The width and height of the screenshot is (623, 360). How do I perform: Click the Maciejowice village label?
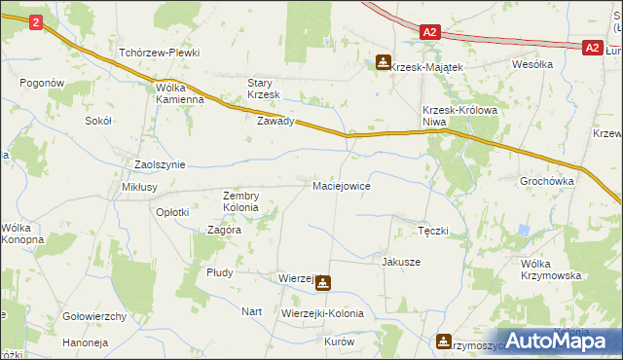tap(341, 185)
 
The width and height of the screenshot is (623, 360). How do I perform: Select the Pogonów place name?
tap(41, 84)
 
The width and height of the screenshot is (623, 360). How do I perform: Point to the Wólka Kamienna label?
tap(180, 92)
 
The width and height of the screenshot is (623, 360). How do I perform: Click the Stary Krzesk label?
tap(264, 89)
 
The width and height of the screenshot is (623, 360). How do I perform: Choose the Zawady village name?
tap(275, 122)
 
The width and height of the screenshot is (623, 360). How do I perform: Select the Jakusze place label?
tap(401, 262)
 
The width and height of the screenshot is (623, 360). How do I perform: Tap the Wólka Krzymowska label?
tap(551, 270)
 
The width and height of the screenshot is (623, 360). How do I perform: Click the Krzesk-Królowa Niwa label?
tap(460, 116)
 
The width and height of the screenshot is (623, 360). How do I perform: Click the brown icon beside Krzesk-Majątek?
tap(384, 63)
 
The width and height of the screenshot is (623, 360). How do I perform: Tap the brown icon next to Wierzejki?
tap(322, 284)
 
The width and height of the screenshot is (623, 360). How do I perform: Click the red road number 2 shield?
tap(36, 21)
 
